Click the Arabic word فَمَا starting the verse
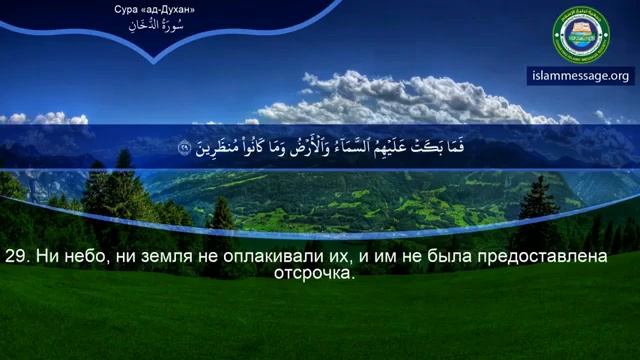point(454,149)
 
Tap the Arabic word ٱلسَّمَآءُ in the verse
point(346,149)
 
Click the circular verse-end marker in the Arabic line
point(184,149)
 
